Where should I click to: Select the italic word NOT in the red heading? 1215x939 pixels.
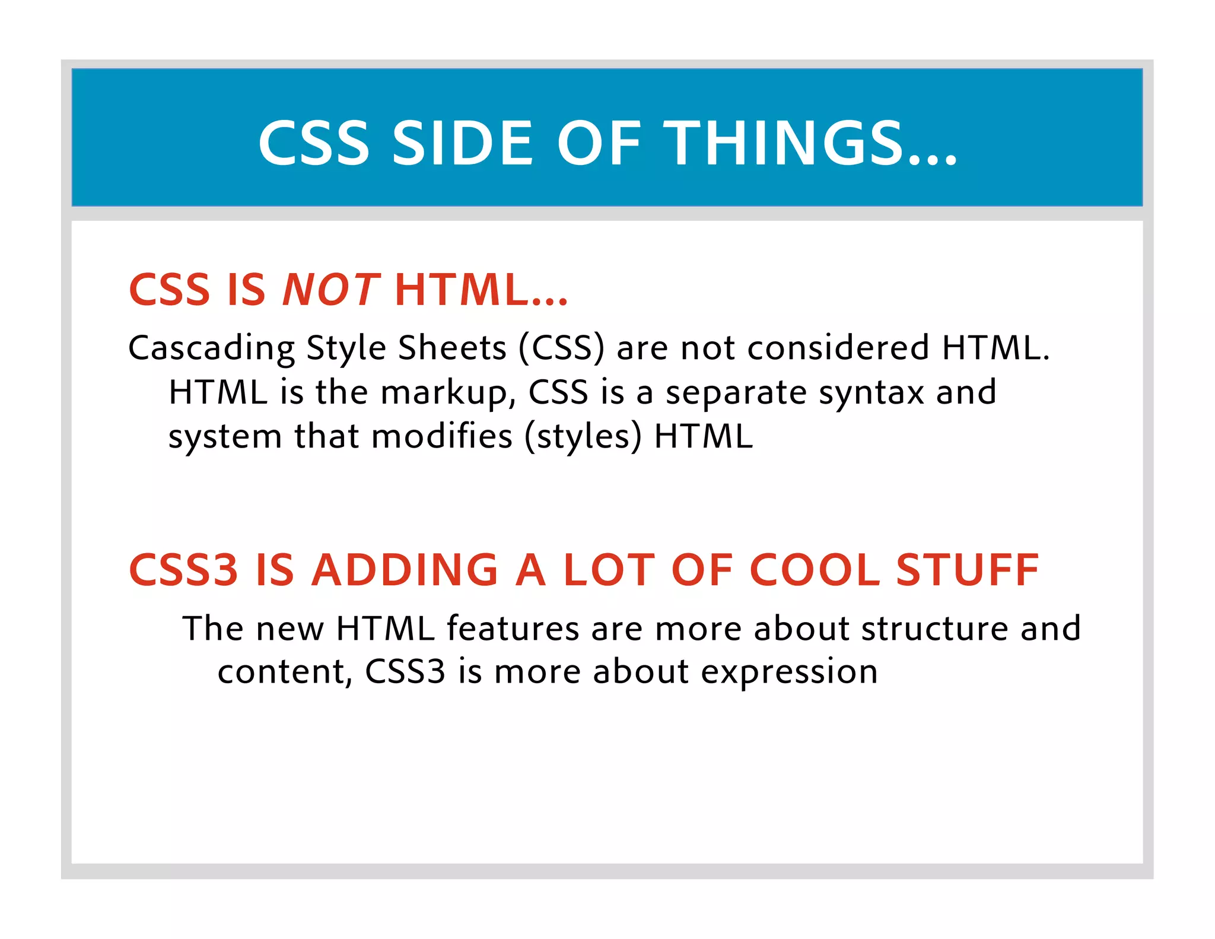click(330, 290)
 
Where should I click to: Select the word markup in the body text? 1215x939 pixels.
click(448, 393)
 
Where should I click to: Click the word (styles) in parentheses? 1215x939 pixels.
click(583, 437)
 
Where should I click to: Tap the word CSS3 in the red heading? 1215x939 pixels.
click(183, 570)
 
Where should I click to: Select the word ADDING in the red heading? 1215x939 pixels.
click(405, 570)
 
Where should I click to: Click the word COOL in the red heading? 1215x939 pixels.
click(815, 570)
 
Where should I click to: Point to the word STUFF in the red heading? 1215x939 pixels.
click(967, 570)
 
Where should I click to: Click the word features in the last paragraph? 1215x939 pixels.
click(513, 629)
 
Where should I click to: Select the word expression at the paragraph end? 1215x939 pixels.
click(789, 672)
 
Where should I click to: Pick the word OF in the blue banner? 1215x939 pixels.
click(599, 143)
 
